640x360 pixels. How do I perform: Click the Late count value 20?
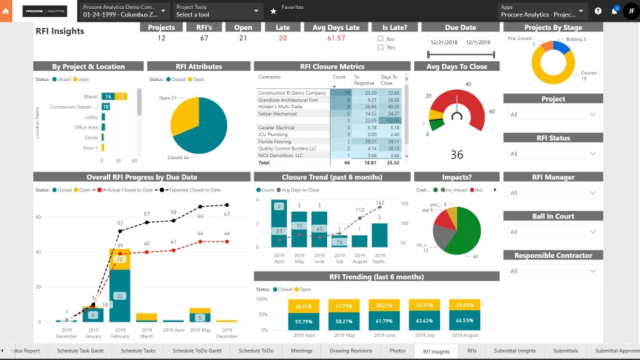click(x=282, y=38)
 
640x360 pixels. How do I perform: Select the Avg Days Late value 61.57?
click(x=336, y=38)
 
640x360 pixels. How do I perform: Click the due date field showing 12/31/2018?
click(x=443, y=42)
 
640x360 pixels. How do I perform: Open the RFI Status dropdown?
click(x=553, y=154)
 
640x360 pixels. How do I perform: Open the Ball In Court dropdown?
click(x=553, y=232)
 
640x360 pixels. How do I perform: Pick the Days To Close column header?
click(x=389, y=80)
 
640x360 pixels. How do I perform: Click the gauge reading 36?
click(x=456, y=155)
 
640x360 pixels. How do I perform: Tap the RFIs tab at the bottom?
click(x=471, y=351)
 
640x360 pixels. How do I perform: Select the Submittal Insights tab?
click(x=515, y=351)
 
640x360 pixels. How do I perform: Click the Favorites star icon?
click(x=273, y=11)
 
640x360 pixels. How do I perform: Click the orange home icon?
click(x=6, y=11)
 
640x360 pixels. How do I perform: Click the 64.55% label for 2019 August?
click(x=465, y=320)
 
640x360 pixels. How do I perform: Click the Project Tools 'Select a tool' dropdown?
click(x=218, y=11)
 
